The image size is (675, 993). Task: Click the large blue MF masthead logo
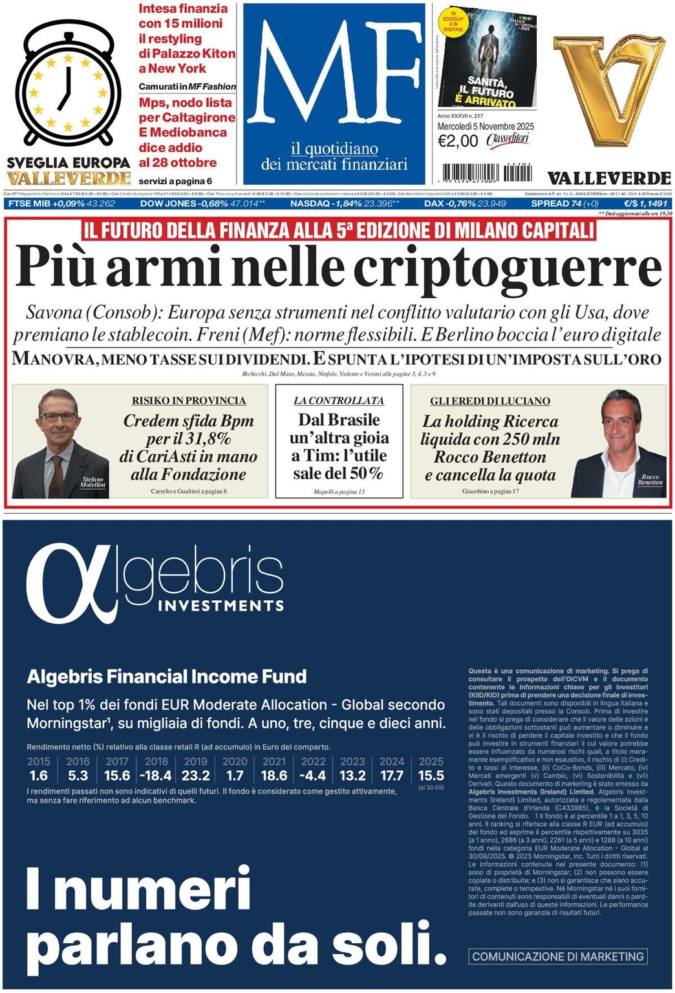[x=334, y=74]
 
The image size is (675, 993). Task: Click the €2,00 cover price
[x=458, y=141]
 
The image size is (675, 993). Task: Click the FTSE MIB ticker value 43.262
[x=101, y=204]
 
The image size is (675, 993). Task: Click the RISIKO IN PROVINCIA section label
[x=189, y=401]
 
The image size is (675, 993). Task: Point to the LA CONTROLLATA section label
[x=339, y=401]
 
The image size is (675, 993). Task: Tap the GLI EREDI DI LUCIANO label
[x=490, y=401]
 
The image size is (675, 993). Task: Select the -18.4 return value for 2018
[x=156, y=775]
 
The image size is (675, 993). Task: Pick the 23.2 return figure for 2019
[x=195, y=775]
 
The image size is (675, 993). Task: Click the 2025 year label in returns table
[x=431, y=762]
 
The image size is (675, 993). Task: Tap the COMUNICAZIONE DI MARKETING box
[x=558, y=956]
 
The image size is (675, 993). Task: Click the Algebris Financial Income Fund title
[x=167, y=676]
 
